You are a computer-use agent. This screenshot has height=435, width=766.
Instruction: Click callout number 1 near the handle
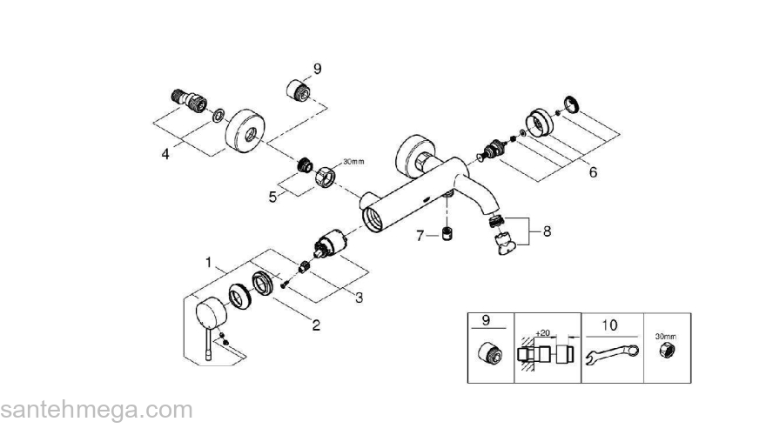tap(209, 261)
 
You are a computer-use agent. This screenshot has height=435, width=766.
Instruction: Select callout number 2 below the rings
tap(316, 325)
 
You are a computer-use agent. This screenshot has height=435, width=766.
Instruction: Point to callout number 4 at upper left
tap(165, 154)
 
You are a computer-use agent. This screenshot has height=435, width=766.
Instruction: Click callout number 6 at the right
tap(593, 171)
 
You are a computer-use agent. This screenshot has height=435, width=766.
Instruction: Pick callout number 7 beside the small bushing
tap(420, 235)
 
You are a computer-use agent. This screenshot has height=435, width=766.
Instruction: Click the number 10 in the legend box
tap(609, 325)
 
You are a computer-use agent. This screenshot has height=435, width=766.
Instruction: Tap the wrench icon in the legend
tap(613, 355)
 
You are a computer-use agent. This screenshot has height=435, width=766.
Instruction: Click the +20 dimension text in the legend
tap(542, 333)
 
